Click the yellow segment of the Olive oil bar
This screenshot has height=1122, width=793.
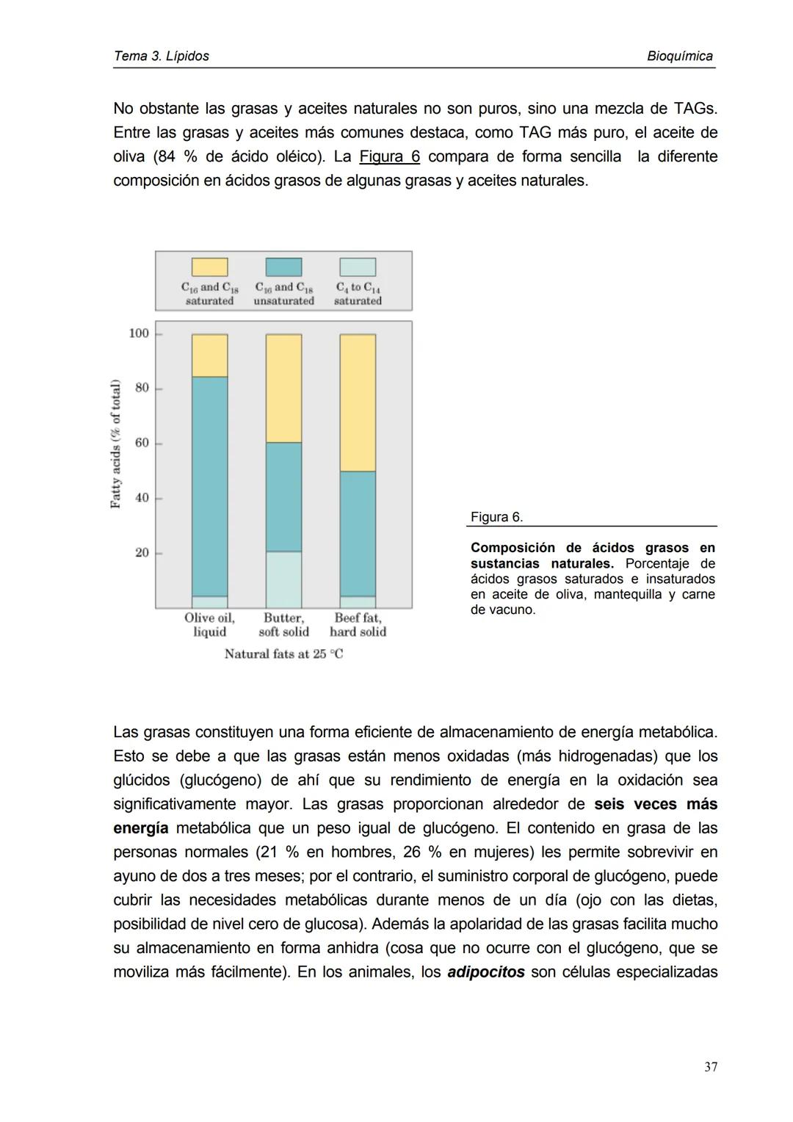[x=209, y=355]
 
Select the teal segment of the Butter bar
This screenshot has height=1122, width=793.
[x=283, y=496]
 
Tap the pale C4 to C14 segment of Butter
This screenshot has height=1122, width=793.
[x=283, y=579]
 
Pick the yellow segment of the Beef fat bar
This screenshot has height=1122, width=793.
[x=358, y=402]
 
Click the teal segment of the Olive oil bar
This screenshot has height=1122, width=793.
[x=209, y=486]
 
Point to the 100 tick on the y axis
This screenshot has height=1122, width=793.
[x=139, y=333]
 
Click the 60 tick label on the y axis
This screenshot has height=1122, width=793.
[x=142, y=443]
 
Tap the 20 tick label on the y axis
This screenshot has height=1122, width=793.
[x=142, y=552]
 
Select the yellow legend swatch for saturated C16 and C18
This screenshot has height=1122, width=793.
[x=209, y=267]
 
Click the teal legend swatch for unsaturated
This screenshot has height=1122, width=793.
[x=283, y=267]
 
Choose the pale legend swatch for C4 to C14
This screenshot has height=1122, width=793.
[x=358, y=267]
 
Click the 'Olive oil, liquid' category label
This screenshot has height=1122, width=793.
[x=209, y=625]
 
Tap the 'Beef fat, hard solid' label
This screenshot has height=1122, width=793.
[x=358, y=625]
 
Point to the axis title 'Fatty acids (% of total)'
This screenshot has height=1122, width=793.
[x=115, y=444]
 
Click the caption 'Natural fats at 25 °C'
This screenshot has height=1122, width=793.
[x=283, y=654]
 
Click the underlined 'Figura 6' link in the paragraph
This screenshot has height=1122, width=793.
[x=389, y=157]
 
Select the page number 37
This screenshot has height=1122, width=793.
[x=710, y=1067]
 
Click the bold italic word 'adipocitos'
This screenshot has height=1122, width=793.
[x=485, y=972]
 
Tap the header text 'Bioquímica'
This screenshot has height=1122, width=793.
[x=679, y=57]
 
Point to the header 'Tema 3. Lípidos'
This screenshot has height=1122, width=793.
[x=162, y=57]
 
